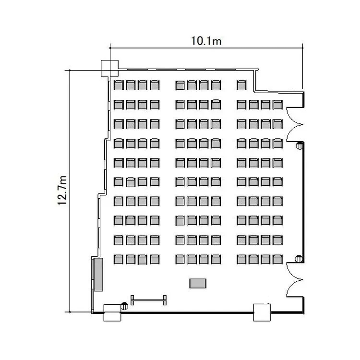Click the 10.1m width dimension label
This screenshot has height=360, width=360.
[206, 41]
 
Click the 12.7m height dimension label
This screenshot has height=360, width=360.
[62, 191]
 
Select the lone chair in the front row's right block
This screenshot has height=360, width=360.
[241, 84]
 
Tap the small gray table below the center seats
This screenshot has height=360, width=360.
[198, 283]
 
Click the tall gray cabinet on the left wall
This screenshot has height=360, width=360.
[98, 275]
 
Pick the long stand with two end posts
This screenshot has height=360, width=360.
[148, 300]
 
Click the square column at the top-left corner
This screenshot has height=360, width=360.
[110, 69]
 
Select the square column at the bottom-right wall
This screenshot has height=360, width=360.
[262, 312]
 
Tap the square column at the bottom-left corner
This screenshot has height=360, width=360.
[112, 312]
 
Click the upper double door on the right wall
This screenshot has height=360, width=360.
[295, 125]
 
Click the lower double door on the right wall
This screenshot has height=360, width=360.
[295, 280]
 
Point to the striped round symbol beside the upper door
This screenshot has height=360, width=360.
[299, 146]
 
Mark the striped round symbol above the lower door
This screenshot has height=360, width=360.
[299, 259]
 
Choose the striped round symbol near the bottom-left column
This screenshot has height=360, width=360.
[124, 306]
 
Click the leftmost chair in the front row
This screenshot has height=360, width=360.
[119, 84]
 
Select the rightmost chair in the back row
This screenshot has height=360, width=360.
[277, 259]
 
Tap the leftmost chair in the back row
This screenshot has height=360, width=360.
[119, 259]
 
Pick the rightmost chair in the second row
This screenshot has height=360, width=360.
[277, 105]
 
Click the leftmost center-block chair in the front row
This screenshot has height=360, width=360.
[180, 85]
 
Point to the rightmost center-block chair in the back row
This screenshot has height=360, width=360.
[216, 259]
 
